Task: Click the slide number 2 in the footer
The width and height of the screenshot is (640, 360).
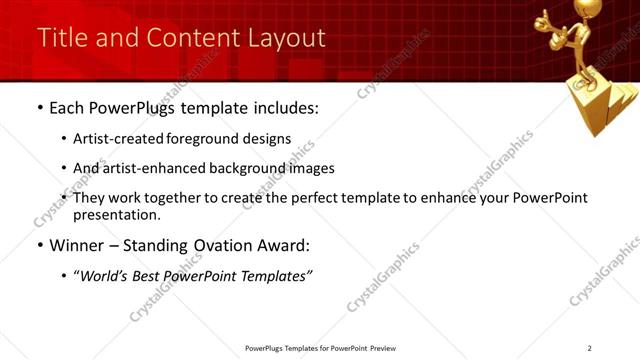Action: point(590,348)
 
